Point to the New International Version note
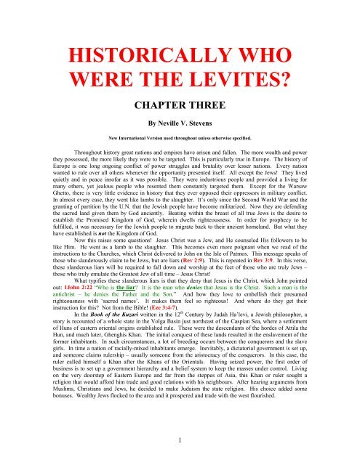[x=180, y=155]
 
